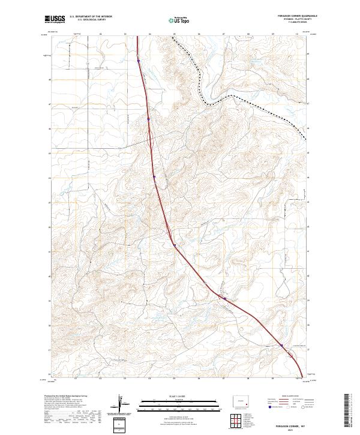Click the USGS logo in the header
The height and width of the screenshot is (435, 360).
tap(55, 20)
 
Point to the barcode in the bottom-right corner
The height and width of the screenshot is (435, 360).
tap(350, 412)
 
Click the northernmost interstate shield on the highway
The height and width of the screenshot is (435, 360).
tap(139, 60)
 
